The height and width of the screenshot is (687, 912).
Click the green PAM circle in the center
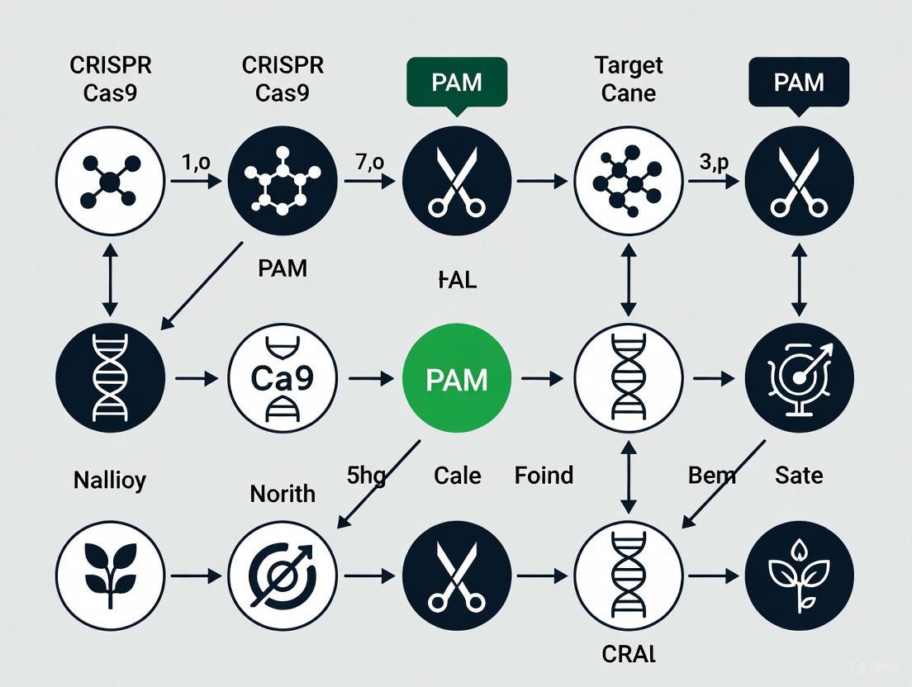pyautogui.click(x=457, y=379)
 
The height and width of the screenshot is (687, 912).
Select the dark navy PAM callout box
pyautogui.click(x=799, y=83)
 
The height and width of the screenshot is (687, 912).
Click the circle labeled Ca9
pyautogui.click(x=283, y=379)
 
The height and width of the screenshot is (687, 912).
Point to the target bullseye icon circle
pyautogui.click(x=799, y=379)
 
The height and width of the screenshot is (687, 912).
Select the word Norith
pyautogui.click(x=283, y=493)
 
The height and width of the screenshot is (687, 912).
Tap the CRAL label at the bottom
pyautogui.click(x=628, y=655)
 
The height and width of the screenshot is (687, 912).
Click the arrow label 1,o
pyautogui.click(x=195, y=162)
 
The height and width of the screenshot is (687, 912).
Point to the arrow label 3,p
pyautogui.click(x=714, y=162)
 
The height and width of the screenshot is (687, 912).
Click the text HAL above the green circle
pyautogui.click(x=456, y=280)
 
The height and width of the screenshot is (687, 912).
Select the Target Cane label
pyautogui.click(x=629, y=79)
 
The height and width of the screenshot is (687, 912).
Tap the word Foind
pyautogui.click(x=543, y=476)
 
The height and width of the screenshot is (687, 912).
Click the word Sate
pyautogui.click(x=799, y=476)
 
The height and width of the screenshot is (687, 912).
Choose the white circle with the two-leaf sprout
pyautogui.click(x=110, y=576)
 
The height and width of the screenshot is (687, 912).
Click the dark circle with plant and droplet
pyautogui.click(x=799, y=576)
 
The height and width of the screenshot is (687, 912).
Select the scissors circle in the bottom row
pyautogui.click(x=457, y=576)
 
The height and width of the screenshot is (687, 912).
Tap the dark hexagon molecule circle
pyautogui.click(x=283, y=181)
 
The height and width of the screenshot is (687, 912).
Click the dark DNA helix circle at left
pyautogui.click(x=110, y=379)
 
